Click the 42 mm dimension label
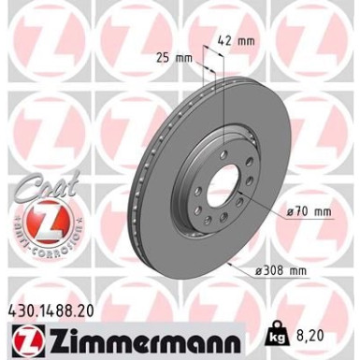point(238,41)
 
